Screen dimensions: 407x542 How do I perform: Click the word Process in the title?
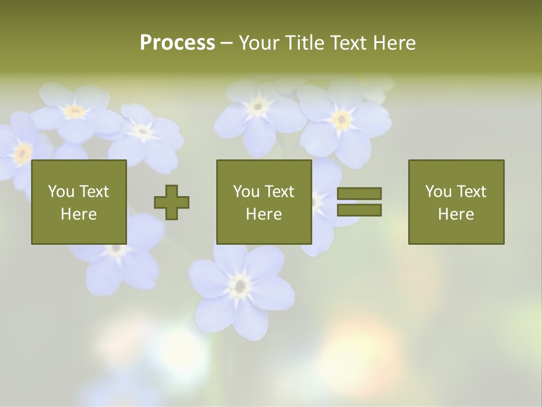[x=177, y=43]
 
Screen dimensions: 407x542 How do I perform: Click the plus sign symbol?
[x=172, y=202]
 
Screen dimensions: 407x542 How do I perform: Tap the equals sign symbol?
[x=359, y=202]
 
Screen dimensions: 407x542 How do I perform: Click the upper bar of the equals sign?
[x=359, y=194]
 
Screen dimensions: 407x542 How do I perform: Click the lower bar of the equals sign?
[x=359, y=210]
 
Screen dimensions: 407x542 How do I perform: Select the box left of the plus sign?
[x=78, y=202]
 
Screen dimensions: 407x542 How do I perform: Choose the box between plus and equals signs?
[x=264, y=202]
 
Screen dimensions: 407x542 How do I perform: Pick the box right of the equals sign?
[x=456, y=202]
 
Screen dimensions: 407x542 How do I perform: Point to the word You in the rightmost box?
[x=438, y=192]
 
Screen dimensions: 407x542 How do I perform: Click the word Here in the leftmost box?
[x=78, y=214]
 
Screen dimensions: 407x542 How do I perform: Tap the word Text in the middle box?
[x=279, y=192]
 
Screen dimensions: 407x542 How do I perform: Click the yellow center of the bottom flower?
[x=241, y=286]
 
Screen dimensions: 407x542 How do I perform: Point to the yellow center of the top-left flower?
[x=75, y=111]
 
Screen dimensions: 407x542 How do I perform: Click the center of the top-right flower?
[x=340, y=119]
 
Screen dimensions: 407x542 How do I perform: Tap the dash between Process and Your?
[x=226, y=43]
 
